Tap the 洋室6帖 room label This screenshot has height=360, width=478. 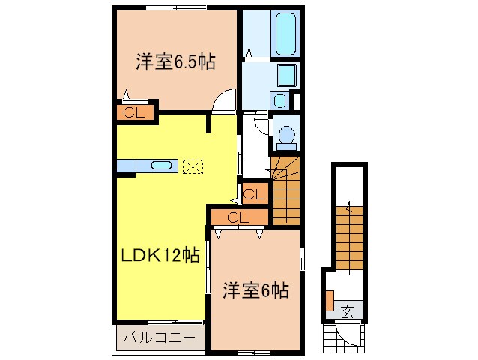coord(255,289)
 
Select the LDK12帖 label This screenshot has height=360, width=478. coord(160,255)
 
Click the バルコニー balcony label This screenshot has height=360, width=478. coord(159,337)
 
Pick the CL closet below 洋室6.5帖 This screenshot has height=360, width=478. coord(134,113)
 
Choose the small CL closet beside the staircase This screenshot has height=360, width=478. coord(254,194)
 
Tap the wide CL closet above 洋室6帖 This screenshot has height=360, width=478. coord(238,217)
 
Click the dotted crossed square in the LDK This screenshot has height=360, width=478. coord(193,166)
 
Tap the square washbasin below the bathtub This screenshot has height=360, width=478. coord(286,75)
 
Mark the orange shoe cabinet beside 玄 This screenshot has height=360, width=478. coord(330,298)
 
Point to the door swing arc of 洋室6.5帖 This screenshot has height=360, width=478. coord(223,103)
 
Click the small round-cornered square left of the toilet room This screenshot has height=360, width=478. coord(279,100)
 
